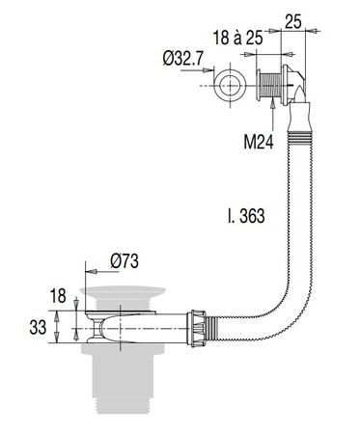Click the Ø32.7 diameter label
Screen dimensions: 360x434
click(x=183, y=59)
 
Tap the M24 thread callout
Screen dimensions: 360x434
click(x=259, y=142)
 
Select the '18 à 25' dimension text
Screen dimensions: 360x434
click(x=237, y=38)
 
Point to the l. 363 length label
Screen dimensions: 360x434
click(x=246, y=216)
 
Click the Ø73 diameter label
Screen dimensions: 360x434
click(x=125, y=261)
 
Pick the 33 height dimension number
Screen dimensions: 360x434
click(x=38, y=328)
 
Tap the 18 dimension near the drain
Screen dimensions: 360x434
click(x=58, y=295)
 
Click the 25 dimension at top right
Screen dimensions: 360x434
click(x=293, y=21)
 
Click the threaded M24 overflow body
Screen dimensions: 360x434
click(x=269, y=86)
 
